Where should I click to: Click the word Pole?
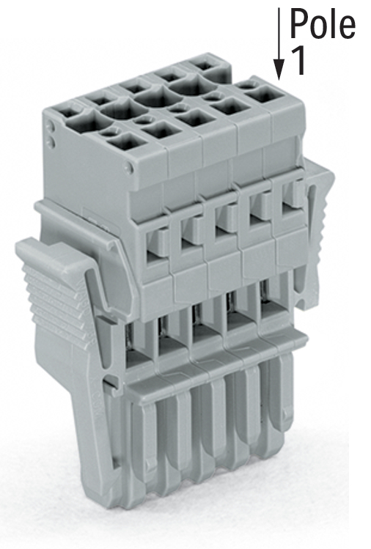click(x=323, y=23)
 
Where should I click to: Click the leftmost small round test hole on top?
click(x=109, y=132)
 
